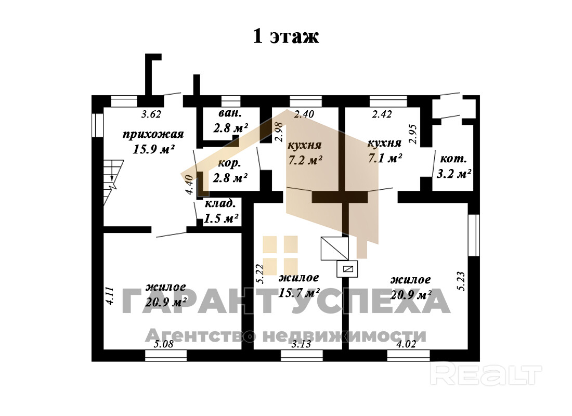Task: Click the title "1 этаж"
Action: pyautogui.click(x=285, y=36)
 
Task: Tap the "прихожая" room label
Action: pyautogui.click(x=153, y=135)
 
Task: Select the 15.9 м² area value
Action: pyautogui.click(x=153, y=149)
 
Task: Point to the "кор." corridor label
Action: pyautogui.click(x=229, y=163)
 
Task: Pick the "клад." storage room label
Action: pyautogui.click(x=221, y=204)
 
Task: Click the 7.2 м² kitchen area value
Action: pyautogui.click(x=305, y=160)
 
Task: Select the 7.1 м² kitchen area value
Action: pyautogui.click(x=385, y=158)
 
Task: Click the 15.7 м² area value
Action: pyautogui.click(x=298, y=293)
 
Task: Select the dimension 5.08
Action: pyautogui.click(x=164, y=344)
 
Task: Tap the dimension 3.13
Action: pyautogui.click(x=301, y=344)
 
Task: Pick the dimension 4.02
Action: pyautogui.click(x=407, y=344)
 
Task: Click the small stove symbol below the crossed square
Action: pyautogui.click(x=348, y=268)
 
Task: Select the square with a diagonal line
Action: pyautogui.click(x=334, y=248)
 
